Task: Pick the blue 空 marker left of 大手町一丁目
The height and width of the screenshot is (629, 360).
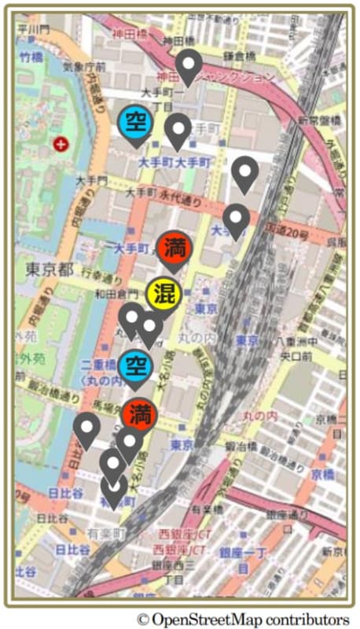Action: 137,122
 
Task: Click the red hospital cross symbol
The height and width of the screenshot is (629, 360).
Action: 61,144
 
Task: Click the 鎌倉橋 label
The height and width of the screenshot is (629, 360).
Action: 239,57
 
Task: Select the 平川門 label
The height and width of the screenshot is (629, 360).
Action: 34,28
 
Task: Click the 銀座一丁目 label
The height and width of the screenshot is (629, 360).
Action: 244,556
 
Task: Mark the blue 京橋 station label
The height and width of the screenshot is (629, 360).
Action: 323,475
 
